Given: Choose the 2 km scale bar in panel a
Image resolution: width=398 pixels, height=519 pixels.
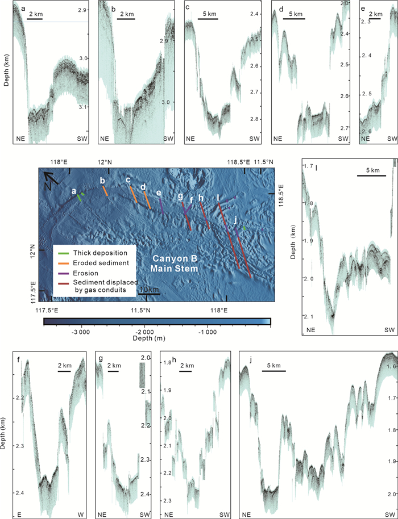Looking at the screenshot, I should (x=35, y=20).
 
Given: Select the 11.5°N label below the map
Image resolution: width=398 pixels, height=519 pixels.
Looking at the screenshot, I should (x=140, y=310).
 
